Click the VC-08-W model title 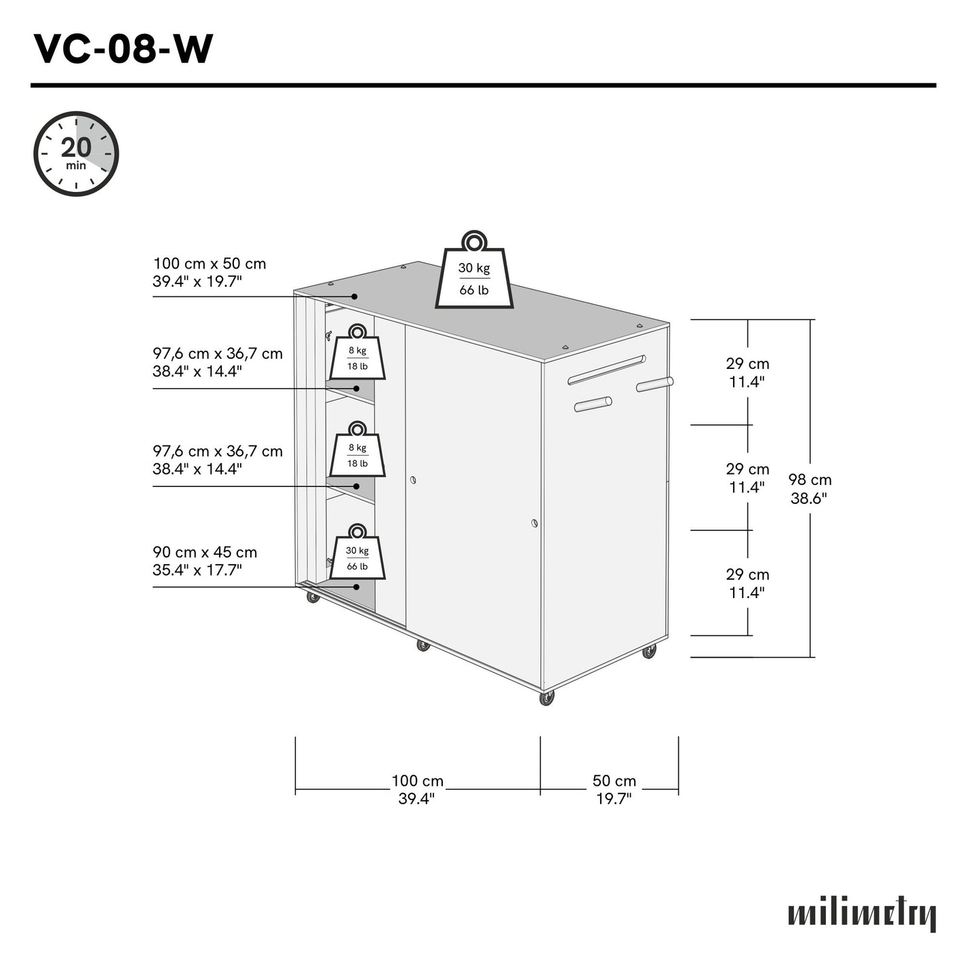[x=123, y=50]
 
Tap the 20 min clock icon [x=76, y=154]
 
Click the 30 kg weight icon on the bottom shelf [x=357, y=553]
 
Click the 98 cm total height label [x=809, y=489]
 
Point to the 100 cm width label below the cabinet [x=417, y=789]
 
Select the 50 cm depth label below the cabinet [x=614, y=789]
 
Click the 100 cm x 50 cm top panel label [x=209, y=273]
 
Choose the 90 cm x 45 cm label [x=205, y=561]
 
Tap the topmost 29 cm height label [x=747, y=372]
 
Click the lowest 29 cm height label [x=747, y=583]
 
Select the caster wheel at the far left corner [x=313, y=597]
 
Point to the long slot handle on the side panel [x=606, y=370]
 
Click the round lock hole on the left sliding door [x=413, y=480]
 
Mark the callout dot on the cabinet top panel [x=355, y=296]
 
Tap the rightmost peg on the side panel [x=654, y=384]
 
